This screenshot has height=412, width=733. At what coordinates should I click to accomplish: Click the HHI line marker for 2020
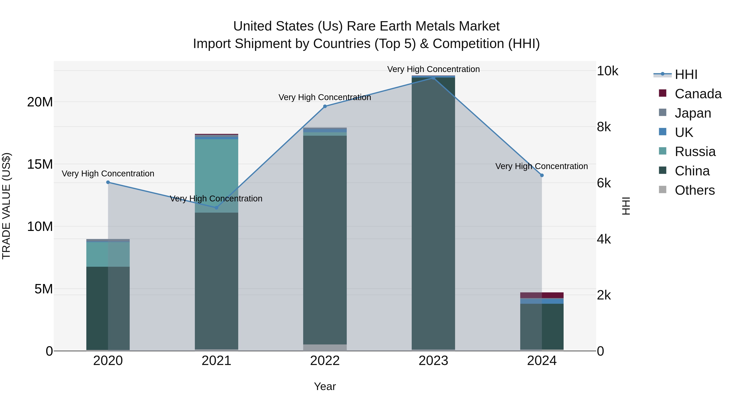(x=108, y=182)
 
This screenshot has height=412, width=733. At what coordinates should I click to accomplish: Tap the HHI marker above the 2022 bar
(x=325, y=106)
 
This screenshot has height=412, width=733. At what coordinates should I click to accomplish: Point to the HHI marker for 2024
(x=542, y=175)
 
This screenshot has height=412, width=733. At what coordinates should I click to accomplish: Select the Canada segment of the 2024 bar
(x=542, y=295)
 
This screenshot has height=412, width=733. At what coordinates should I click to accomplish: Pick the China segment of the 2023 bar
(x=433, y=213)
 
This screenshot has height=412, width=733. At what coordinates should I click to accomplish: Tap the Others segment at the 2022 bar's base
(x=325, y=348)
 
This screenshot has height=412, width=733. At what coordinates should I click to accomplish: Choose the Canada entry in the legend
(x=698, y=94)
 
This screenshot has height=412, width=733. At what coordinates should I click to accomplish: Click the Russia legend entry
(x=695, y=152)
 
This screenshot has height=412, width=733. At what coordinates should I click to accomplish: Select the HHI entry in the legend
(x=686, y=74)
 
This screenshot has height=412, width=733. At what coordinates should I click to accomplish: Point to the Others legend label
(x=695, y=190)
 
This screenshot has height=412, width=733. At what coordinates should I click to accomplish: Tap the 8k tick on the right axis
(x=604, y=127)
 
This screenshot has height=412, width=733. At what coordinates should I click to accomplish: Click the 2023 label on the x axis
(x=433, y=361)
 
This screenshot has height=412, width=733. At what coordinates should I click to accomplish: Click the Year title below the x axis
(x=325, y=386)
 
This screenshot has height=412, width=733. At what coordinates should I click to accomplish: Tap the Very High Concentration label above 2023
(x=433, y=69)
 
